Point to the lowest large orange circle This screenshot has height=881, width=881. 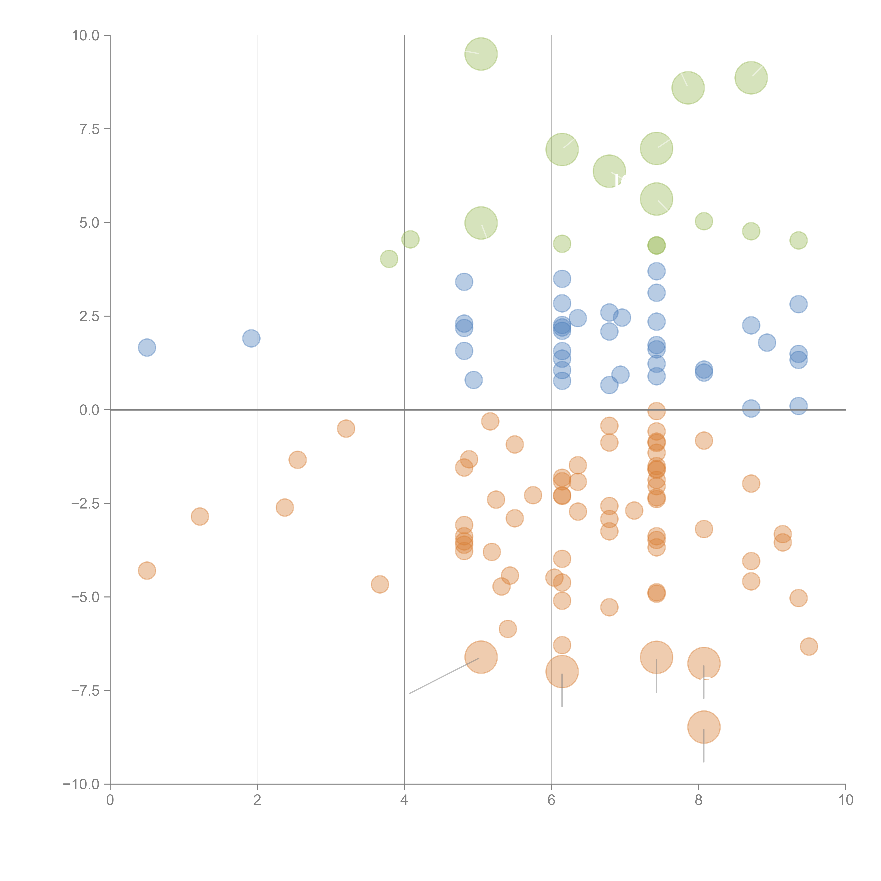(x=704, y=727)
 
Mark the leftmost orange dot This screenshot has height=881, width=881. (x=147, y=571)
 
